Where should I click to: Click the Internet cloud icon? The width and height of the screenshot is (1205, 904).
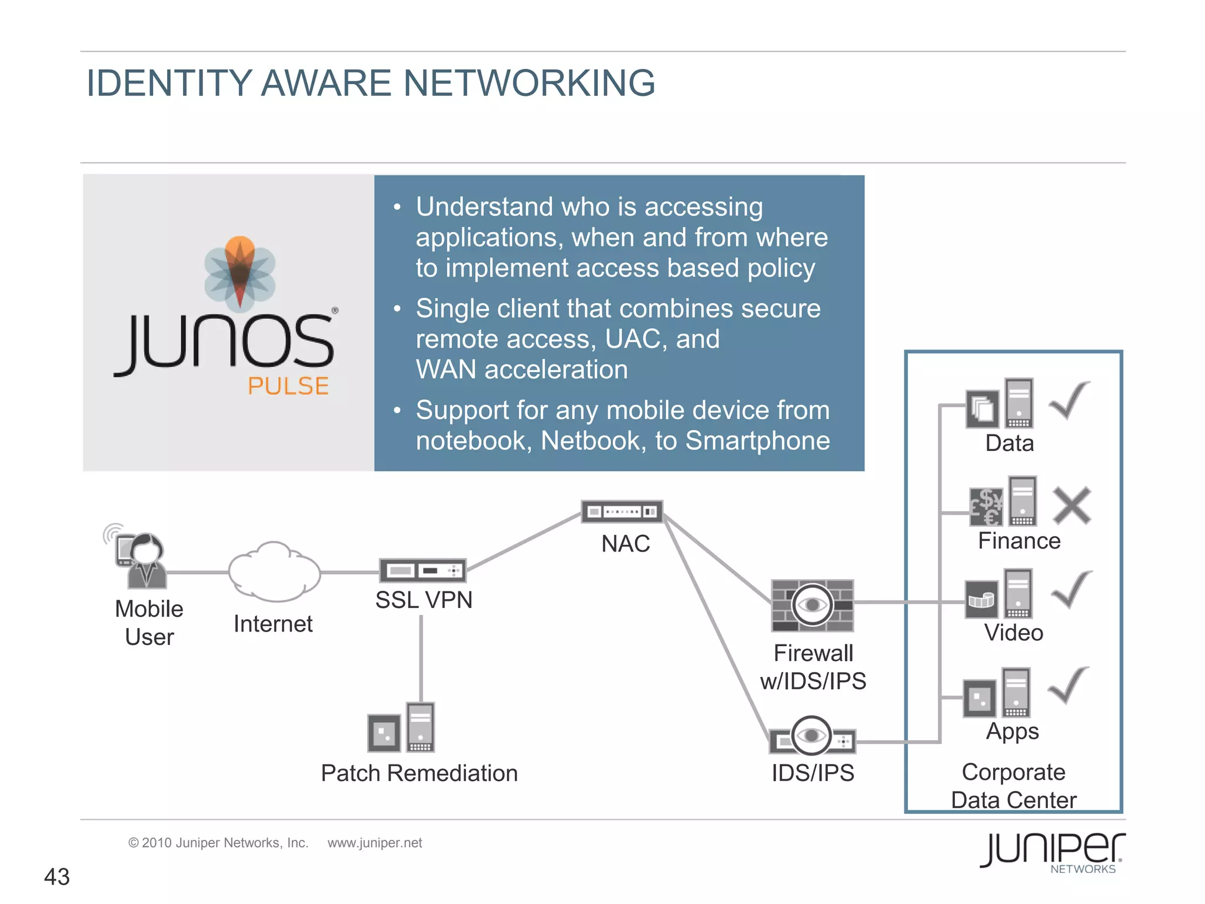[274, 571]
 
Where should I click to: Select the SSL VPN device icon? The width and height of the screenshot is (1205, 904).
[422, 570]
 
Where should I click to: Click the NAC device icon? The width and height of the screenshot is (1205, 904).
[622, 511]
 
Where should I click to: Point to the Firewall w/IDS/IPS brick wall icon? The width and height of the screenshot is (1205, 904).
[812, 605]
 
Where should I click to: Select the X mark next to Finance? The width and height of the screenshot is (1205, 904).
[1071, 505]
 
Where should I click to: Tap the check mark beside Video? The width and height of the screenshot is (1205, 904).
[1071, 590]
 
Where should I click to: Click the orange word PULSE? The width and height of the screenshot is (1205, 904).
[288, 386]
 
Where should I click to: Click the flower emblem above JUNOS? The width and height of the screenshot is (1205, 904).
[239, 273]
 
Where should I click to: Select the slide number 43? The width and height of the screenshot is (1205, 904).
[57, 877]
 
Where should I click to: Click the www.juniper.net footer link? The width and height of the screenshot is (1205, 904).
[375, 843]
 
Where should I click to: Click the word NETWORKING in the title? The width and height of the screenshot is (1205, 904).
[529, 82]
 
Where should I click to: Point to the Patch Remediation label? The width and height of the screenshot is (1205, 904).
[419, 773]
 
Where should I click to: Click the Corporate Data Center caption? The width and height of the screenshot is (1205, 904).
[1013, 786]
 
